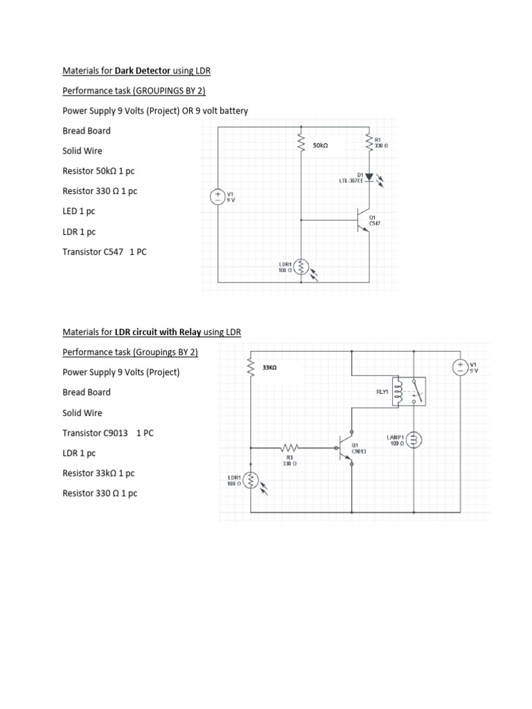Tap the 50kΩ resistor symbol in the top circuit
coord(301,143)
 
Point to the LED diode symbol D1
coord(369,177)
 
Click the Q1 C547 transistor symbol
coord(364,219)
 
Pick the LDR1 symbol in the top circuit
coord(301,267)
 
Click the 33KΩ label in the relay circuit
coord(269,368)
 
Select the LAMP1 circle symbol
coord(414,440)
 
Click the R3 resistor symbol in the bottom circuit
coord(290,448)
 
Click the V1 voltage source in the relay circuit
coord(459,367)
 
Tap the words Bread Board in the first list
coord(86,131)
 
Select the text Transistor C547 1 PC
coord(105,252)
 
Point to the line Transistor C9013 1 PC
coord(108,433)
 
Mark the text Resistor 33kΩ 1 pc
coord(98,473)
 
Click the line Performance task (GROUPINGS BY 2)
coord(134,91)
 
